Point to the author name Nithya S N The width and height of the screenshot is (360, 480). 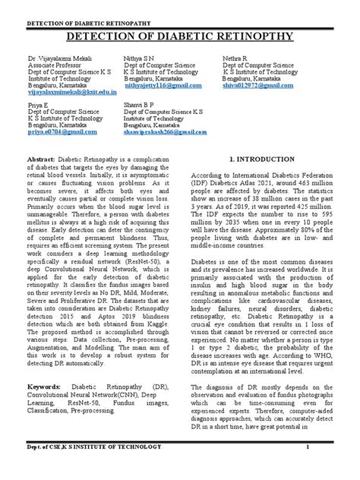(139, 58)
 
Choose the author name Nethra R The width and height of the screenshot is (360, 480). (237, 58)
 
